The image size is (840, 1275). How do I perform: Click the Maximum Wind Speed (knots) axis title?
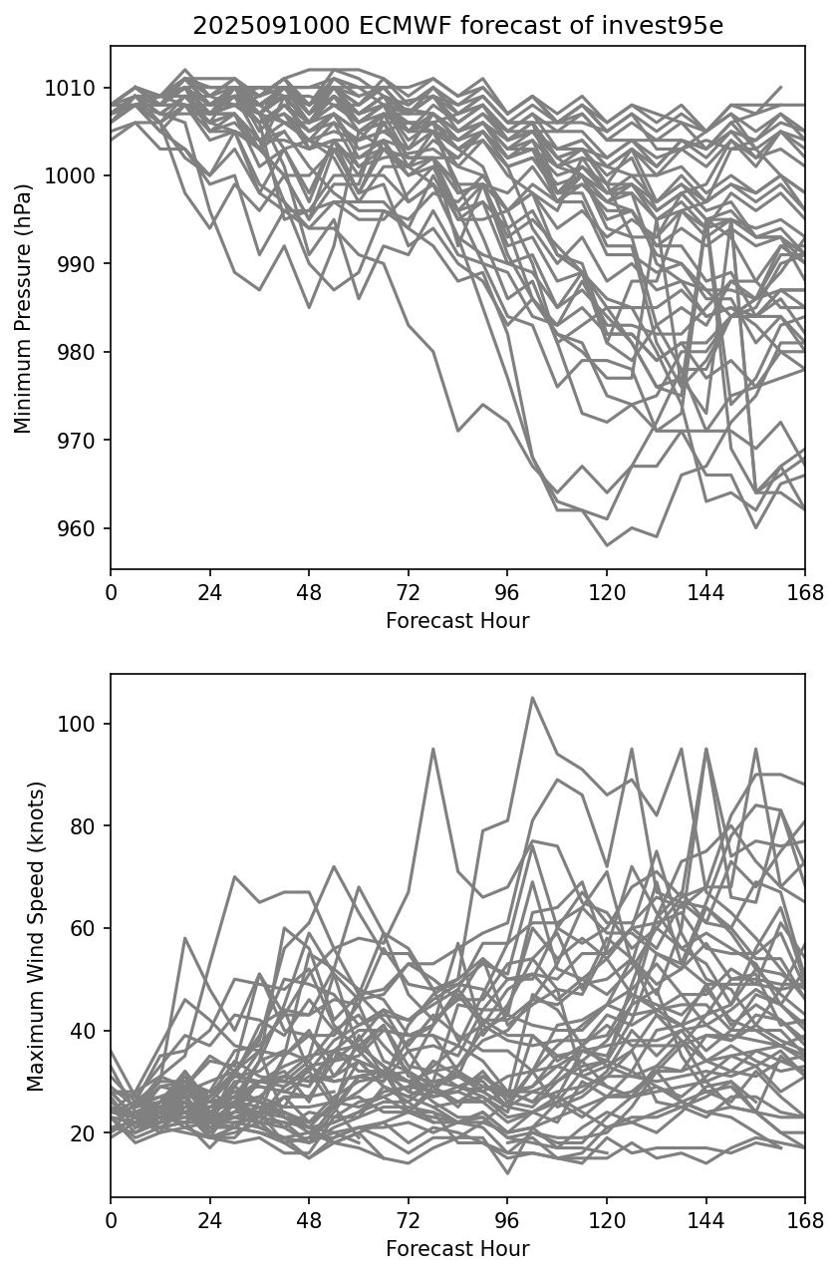(x=36, y=935)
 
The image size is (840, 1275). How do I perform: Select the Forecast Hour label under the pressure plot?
(x=457, y=621)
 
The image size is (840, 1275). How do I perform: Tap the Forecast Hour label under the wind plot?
(x=457, y=1248)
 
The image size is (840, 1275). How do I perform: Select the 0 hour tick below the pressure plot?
(x=111, y=594)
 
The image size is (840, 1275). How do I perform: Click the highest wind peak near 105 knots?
(x=532, y=698)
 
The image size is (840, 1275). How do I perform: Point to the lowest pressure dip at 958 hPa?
(x=606, y=545)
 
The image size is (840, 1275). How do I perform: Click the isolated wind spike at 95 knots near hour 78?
(x=433, y=749)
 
